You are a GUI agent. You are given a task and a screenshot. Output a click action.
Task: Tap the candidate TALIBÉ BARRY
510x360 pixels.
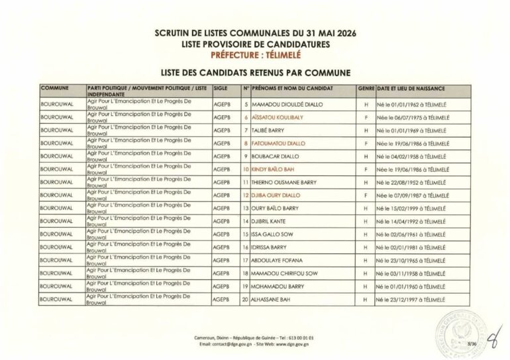point(268,130)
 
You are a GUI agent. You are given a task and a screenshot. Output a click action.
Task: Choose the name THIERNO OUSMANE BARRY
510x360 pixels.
point(284,182)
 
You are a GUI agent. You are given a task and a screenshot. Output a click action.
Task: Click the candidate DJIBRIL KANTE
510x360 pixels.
point(268,221)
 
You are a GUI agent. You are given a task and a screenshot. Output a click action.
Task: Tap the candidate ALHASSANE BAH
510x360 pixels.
point(270,299)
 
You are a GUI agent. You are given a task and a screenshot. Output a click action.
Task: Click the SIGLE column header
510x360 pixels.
point(221,88)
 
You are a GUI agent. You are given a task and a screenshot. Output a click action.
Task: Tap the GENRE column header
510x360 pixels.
point(366,88)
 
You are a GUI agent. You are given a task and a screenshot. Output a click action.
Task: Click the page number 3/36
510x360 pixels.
point(472,343)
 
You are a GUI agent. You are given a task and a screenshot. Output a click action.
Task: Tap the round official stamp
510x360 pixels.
point(462,332)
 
